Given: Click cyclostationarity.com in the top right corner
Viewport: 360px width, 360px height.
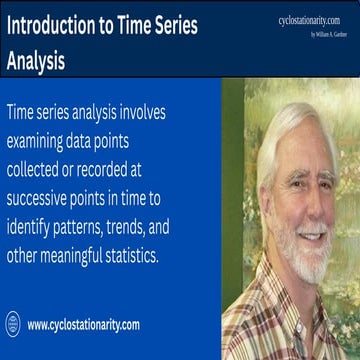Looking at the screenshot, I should (x=315, y=19).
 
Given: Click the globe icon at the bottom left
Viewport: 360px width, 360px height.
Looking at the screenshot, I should (x=13, y=324).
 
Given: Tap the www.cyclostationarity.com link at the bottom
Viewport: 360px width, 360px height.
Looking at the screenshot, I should (x=83, y=325).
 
